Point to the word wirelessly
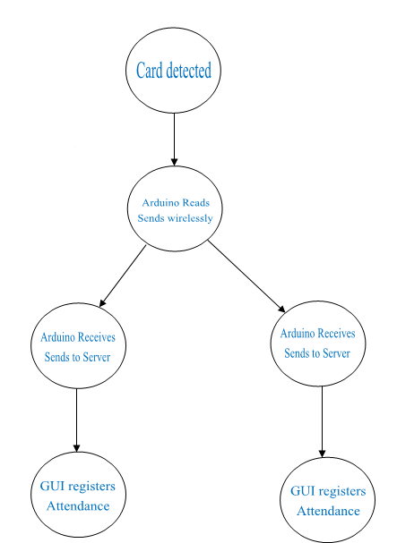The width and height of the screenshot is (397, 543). tap(190, 218)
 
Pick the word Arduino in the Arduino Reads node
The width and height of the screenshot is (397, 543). tap(159, 202)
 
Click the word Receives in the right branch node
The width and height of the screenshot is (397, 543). tap(337, 334)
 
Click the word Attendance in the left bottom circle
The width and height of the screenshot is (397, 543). tap(78, 506)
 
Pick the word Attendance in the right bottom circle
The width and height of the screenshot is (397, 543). tap(328, 511)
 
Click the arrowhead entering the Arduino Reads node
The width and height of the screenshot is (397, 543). tap(174, 161)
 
